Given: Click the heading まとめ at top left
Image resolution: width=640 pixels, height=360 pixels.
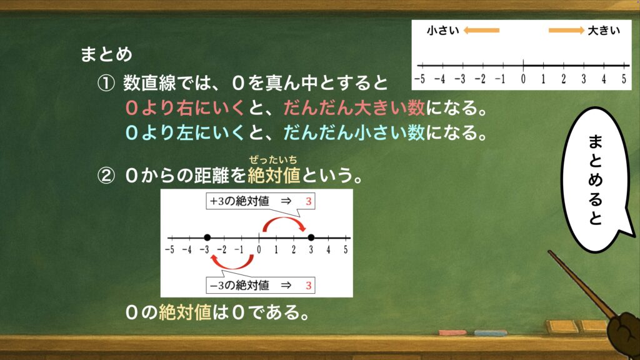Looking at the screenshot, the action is click(x=106, y=54).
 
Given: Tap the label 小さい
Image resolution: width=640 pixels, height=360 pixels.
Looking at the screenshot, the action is click(x=443, y=31).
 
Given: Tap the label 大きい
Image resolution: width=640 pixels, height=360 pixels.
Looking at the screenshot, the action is click(x=604, y=31).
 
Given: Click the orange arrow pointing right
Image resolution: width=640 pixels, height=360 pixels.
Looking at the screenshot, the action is click(x=566, y=30).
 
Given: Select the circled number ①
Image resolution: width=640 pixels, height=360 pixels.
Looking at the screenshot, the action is click(x=106, y=84).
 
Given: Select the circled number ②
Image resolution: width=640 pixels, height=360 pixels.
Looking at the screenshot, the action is click(x=106, y=176).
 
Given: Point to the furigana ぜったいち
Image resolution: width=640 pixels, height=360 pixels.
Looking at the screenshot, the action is click(x=273, y=160).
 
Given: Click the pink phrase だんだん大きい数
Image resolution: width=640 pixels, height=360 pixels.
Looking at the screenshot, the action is click(x=354, y=108).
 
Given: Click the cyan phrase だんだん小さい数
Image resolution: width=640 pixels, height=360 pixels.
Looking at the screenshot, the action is click(x=354, y=132).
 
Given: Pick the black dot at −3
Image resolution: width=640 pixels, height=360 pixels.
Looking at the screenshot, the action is click(x=207, y=237).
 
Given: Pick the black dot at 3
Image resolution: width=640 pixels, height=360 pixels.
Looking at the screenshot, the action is click(x=311, y=237).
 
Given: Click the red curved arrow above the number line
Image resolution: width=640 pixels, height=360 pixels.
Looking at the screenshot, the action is click(x=284, y=219).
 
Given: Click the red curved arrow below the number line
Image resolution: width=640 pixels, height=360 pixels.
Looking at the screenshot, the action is click(x=232, y=267).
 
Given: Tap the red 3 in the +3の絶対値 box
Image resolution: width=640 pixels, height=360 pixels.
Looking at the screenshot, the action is click(x=309, y=201).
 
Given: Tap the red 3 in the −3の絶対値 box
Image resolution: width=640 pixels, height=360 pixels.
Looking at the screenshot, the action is click(x=309, y=285).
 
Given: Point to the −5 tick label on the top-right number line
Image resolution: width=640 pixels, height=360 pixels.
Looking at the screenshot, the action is click(x=419, y=79).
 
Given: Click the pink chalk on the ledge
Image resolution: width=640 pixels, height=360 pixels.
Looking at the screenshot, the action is click(x=452, y=332).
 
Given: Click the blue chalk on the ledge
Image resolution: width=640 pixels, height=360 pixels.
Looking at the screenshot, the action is click(x=491, y=333).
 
